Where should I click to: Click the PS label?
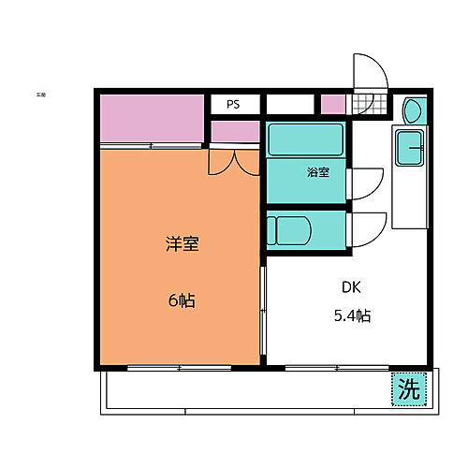pos(232,105)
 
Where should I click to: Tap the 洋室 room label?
pos(183,244)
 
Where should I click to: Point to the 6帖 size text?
pos(182,301)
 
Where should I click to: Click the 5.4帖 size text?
pos(351,315)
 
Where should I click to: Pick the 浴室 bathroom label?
pos(317,172)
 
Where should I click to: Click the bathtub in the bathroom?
pos(304,140)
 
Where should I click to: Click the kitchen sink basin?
pos(410,148)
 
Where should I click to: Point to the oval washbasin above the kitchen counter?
pos(413,111)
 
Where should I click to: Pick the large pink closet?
pos(153,118)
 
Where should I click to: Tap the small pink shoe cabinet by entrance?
pos(332,105)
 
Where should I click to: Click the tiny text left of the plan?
pos(41,95)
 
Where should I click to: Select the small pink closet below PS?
pos(234,131)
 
